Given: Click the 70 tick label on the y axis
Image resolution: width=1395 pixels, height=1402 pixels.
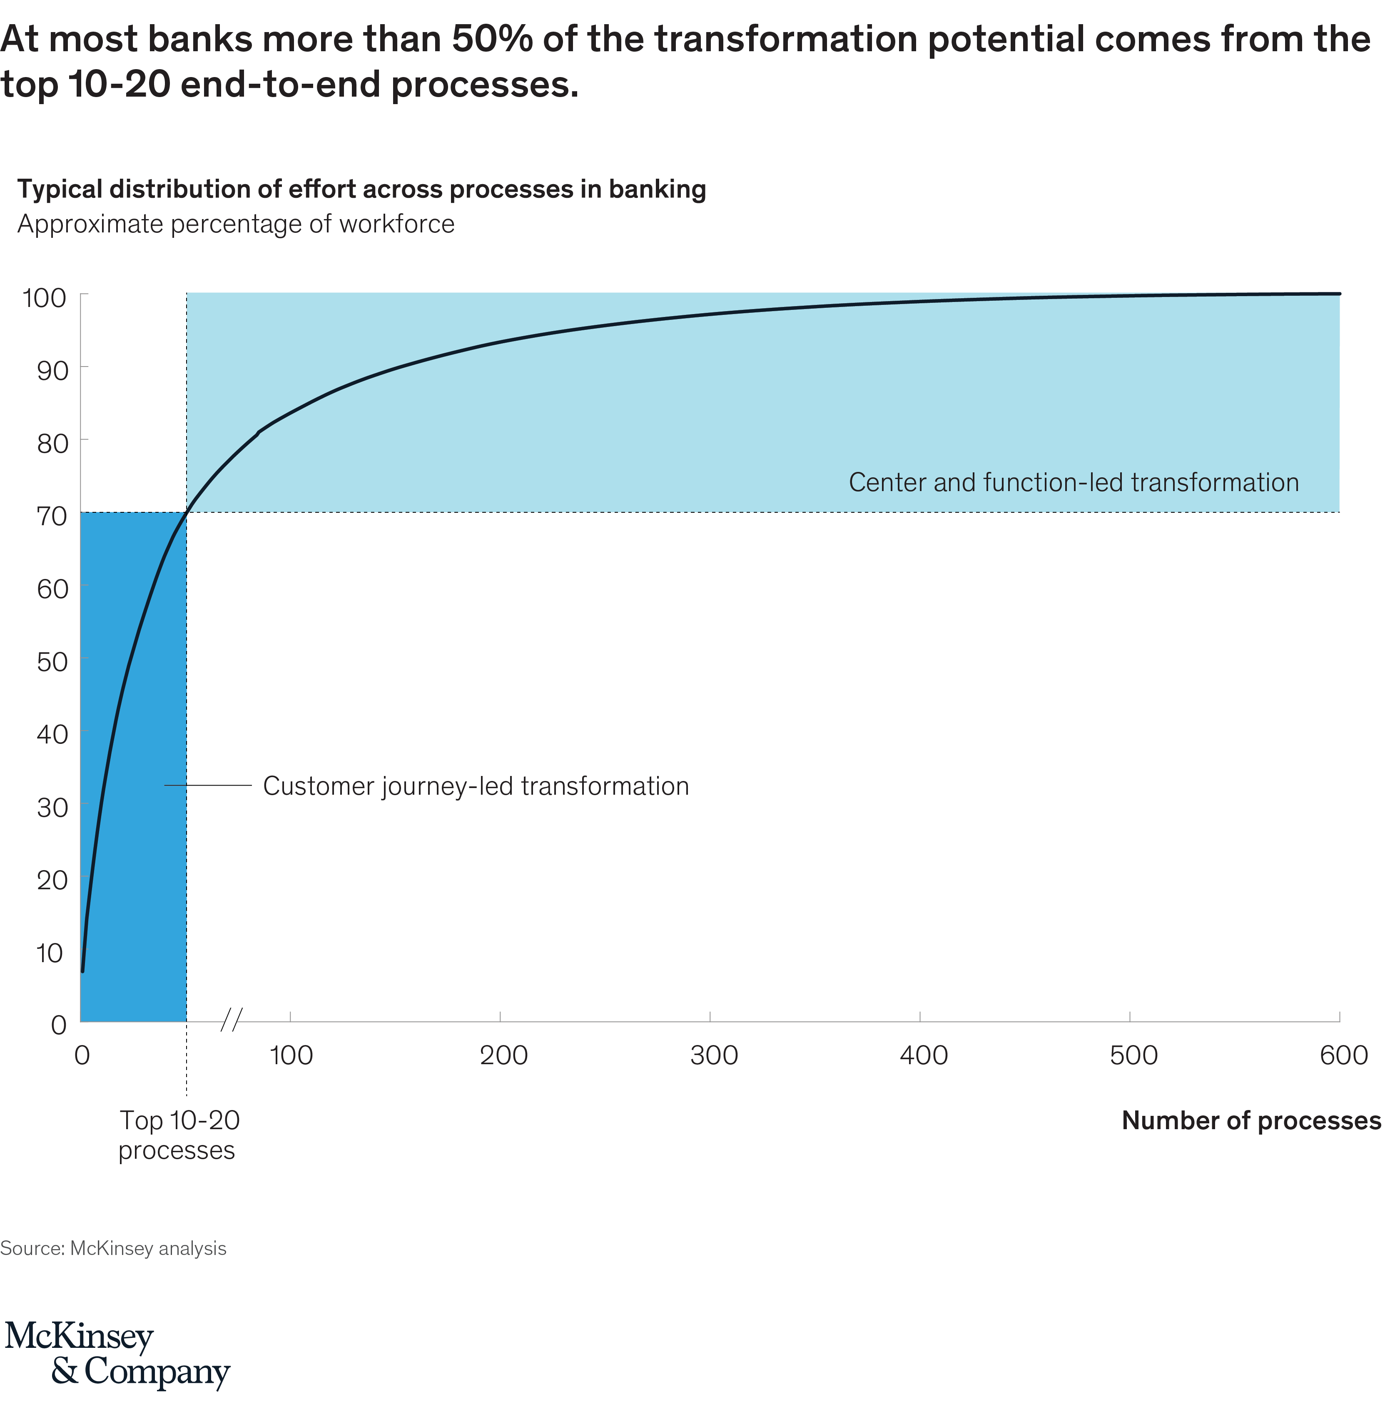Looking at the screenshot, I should (52, 516).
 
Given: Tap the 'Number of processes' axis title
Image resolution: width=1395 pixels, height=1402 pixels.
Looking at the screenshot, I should (1251, 1120).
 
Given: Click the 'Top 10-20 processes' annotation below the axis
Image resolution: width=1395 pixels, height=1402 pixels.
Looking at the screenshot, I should (179, 1135).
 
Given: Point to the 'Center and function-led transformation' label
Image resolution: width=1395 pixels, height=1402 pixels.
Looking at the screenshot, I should (1074, 483).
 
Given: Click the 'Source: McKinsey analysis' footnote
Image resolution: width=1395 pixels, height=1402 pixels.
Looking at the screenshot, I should (113, 1248).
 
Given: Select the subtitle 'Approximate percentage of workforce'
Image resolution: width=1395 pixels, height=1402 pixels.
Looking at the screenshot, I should (236, 224).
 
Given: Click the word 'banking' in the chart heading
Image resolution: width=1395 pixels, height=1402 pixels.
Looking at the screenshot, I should (657, 190).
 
